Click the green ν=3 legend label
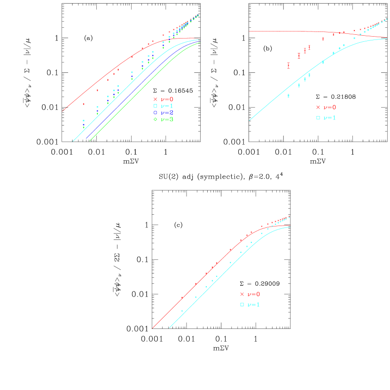(167, 119)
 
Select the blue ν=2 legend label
(167, 113)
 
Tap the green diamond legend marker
(155, 119)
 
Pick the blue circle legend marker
(155, 113)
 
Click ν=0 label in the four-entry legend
(167, 99)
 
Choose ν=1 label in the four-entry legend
(167, 106)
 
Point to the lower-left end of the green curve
(89, 141)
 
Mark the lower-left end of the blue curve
(86, 139)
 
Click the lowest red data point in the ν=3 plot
(84, 104)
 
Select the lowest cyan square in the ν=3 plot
(84, 121)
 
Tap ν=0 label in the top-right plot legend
(329, 107)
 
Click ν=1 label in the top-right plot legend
(329, 117)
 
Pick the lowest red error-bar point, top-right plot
(289, 65)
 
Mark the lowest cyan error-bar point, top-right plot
(289, 95)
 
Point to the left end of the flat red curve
(249, 31)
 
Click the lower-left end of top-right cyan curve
(249, 121)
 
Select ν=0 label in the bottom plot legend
(253, 294)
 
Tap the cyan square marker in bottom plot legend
(242, 304)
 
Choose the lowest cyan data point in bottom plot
(182, 311)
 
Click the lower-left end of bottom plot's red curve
(152, 328)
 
